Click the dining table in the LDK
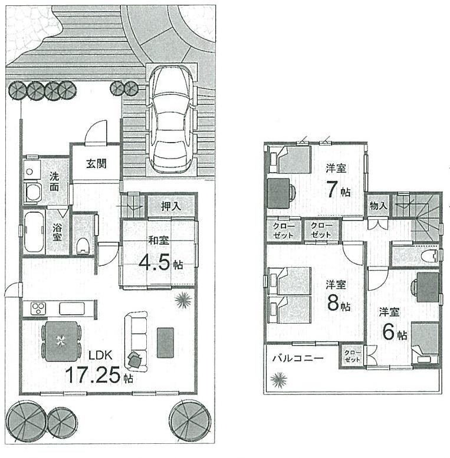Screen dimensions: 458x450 pyautogui.click(x=60, y=341)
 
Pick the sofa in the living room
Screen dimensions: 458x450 pyautogui.click(x=136, y=336)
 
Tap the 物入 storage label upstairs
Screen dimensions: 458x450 pyautogui.click(x=378, y=206)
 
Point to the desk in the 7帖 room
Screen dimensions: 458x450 pyautogui.click(x=279, y=192)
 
